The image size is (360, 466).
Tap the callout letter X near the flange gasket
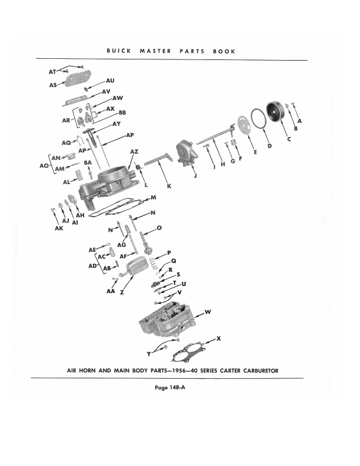[219, 338]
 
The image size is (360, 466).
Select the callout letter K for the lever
[169, 186]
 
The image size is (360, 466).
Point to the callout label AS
[54, 85]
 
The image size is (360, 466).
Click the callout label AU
[110, 81]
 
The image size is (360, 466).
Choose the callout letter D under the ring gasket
[269, 145]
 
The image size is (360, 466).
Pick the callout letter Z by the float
[122, 292]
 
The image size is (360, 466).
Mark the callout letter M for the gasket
[153, 197]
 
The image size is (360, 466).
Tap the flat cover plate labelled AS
[75, 79]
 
